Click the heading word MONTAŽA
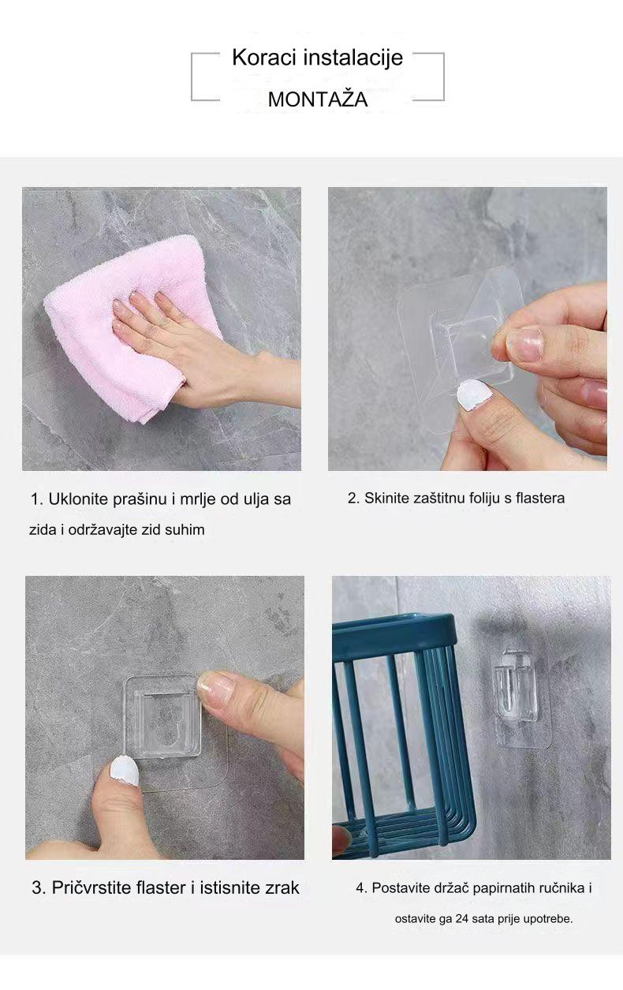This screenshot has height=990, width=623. coord(317,99)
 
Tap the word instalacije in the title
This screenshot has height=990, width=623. coord(353,58)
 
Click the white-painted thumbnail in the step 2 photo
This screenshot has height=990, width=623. coord(474,394)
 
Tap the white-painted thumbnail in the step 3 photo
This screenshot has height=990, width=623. coord(123,769)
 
